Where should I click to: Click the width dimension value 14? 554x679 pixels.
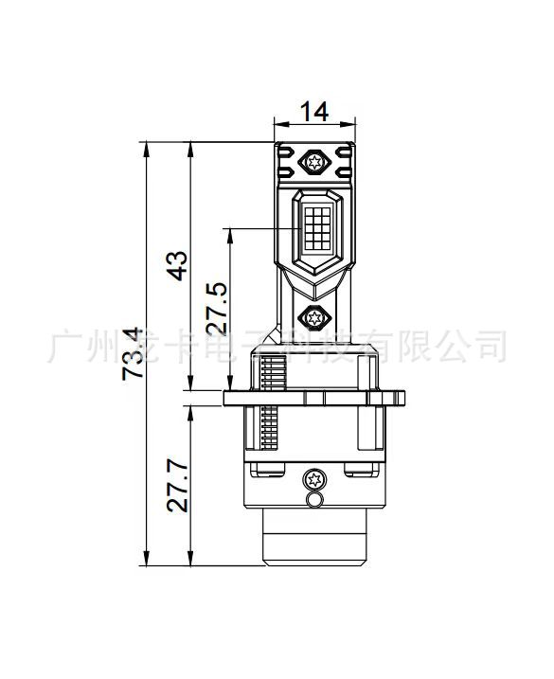(x=313, y=112)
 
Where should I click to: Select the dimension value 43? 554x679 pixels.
(x=176, y=266)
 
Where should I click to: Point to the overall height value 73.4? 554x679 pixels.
(x=133, y=353)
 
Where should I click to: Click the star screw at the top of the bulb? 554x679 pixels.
(x=313, y=163)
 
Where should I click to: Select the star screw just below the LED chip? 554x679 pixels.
(x=313, y=317)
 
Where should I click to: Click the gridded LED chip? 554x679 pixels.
(x=313, y=228)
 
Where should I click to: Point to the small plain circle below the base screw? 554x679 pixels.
(x=313, y=498)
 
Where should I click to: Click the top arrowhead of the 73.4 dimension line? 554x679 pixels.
(x=147, y=149)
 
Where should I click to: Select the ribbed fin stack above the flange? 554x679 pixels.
(x=272, y=373)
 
